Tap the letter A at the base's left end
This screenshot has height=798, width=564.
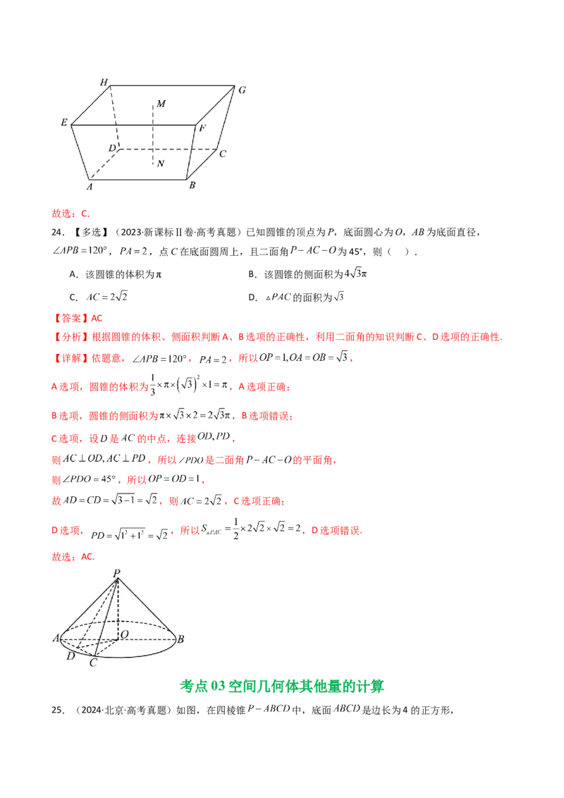click(55, 639)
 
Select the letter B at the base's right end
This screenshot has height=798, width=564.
click(180, 639)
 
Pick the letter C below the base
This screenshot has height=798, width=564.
click(93, 663)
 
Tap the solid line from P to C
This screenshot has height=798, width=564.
click(106, 618)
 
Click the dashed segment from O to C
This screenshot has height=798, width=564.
click(105, 647)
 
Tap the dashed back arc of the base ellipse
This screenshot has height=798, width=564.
click(118, 622)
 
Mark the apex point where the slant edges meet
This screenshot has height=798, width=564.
click(117, 579)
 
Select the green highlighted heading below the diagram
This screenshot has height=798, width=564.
click(282, 685)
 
